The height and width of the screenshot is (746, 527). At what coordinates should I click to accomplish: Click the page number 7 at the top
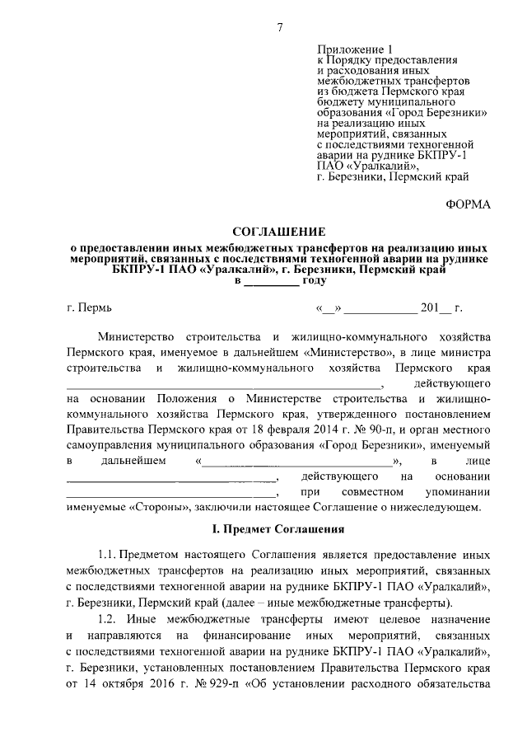tap(279, 28)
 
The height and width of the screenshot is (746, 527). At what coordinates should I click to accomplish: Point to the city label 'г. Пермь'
tap(88, 309)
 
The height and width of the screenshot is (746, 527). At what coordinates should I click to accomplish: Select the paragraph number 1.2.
tap(110, 619)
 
